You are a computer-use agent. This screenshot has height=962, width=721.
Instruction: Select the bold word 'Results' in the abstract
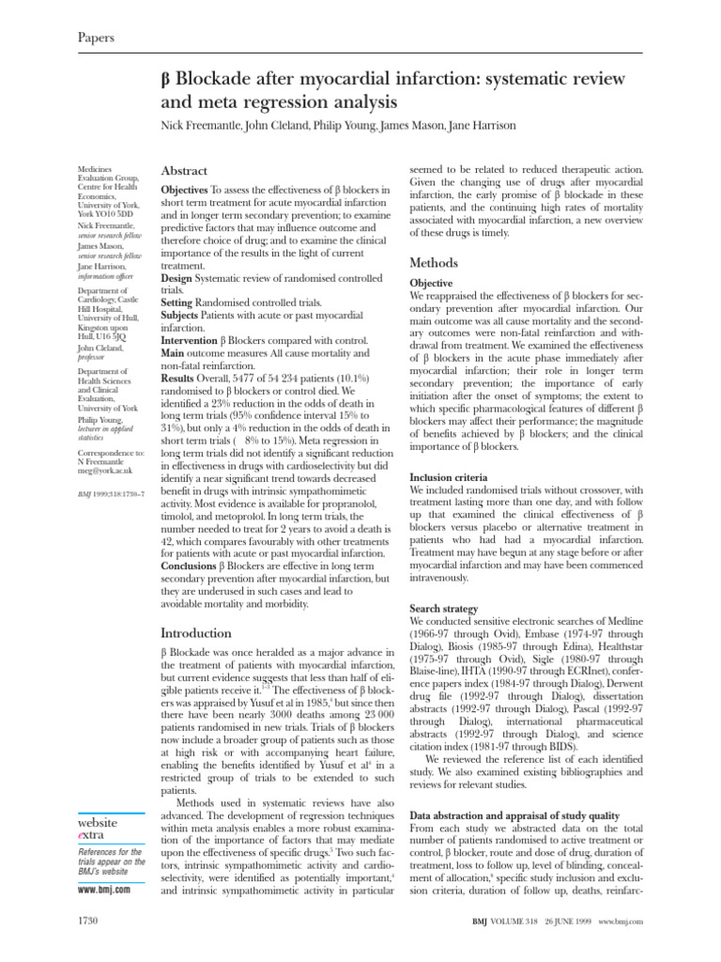click(181, 377)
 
